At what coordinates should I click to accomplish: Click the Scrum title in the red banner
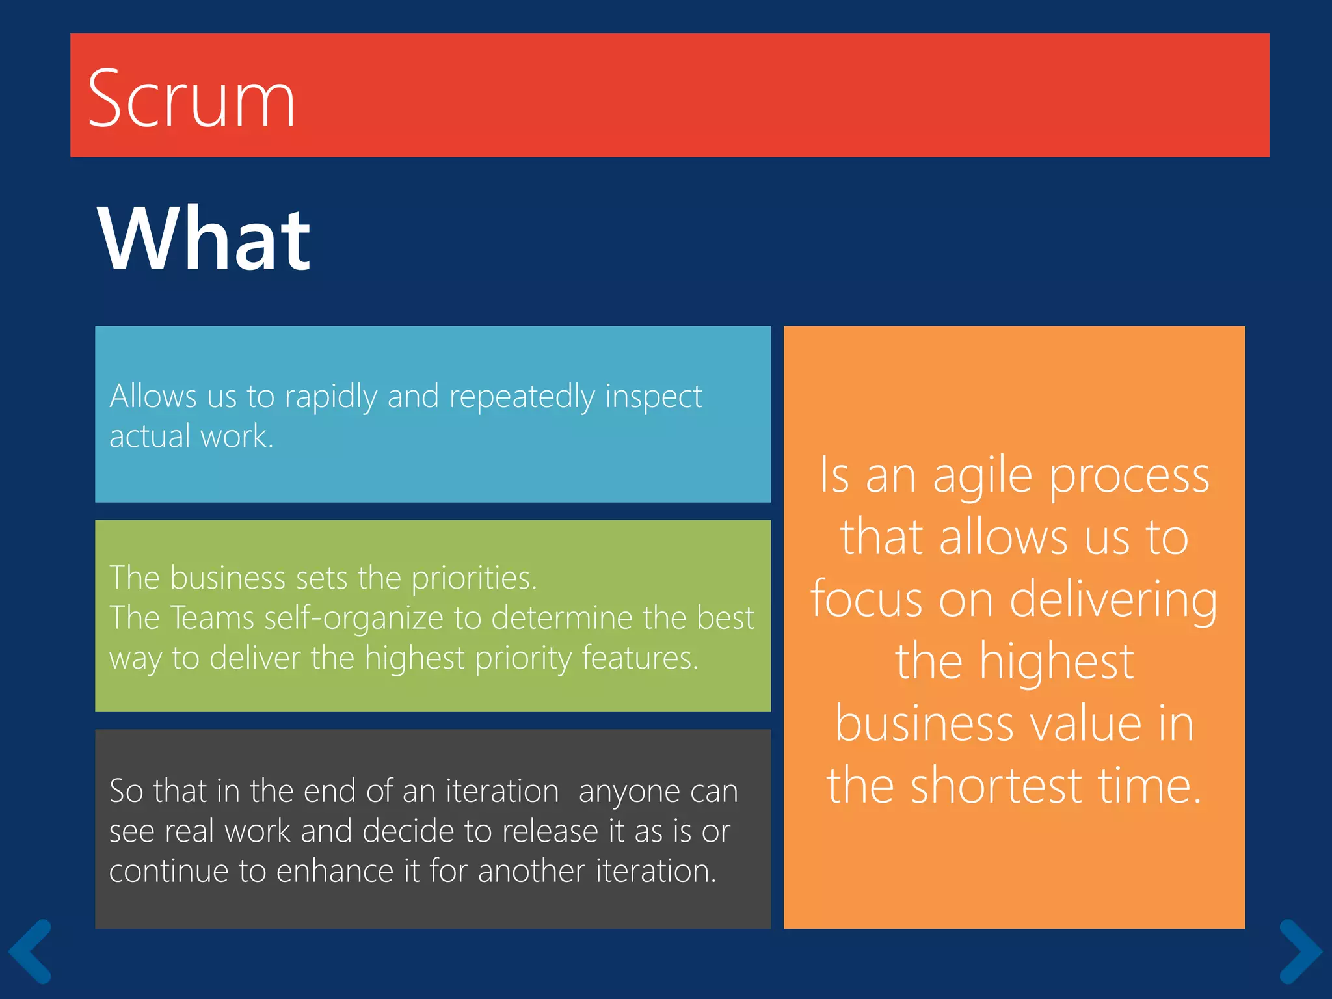(x=191, y=99)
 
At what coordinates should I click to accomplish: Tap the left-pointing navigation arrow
(x=30, y=951)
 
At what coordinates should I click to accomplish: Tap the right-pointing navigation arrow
(x=1300, y=951)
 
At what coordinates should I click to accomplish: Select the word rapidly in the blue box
(x=331, y=397)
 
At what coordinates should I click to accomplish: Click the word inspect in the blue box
(x=653, y=397)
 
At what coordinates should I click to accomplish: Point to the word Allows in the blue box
(x=153, y=395)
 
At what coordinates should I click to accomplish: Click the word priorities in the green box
(x=473, y=578)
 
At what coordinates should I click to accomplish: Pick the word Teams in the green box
(x=211, y=617)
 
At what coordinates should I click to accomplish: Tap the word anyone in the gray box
(x=628, y=792)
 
